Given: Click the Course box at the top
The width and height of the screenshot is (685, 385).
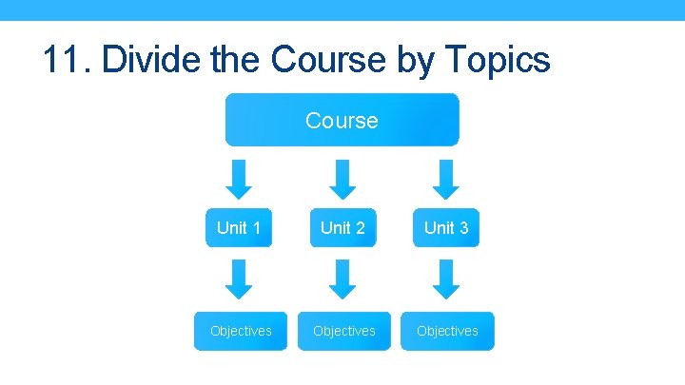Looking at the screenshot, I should (342, 121).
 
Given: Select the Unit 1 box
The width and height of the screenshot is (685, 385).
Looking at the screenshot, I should (239, 228).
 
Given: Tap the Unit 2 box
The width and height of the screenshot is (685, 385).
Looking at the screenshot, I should (342, 228).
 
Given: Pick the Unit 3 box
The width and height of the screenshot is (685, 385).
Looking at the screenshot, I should (446, 228).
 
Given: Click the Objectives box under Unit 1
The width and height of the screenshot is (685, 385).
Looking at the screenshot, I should (241, 331).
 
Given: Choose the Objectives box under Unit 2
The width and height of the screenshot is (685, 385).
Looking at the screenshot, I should (343, 331).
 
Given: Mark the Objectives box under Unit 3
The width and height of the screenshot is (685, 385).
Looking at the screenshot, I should (447, 331).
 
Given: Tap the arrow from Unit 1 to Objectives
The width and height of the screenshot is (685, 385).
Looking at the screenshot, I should (243, 279).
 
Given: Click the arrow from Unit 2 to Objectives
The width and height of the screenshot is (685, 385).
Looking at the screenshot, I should (344, 279).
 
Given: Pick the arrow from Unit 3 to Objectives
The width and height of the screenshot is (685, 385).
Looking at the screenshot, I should (446, 279).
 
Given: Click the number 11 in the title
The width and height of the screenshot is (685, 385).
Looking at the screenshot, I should (64, 60).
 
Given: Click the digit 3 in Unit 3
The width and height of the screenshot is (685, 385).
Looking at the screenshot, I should (463, 228).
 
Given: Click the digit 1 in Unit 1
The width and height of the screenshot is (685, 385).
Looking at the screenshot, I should (256, 228).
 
